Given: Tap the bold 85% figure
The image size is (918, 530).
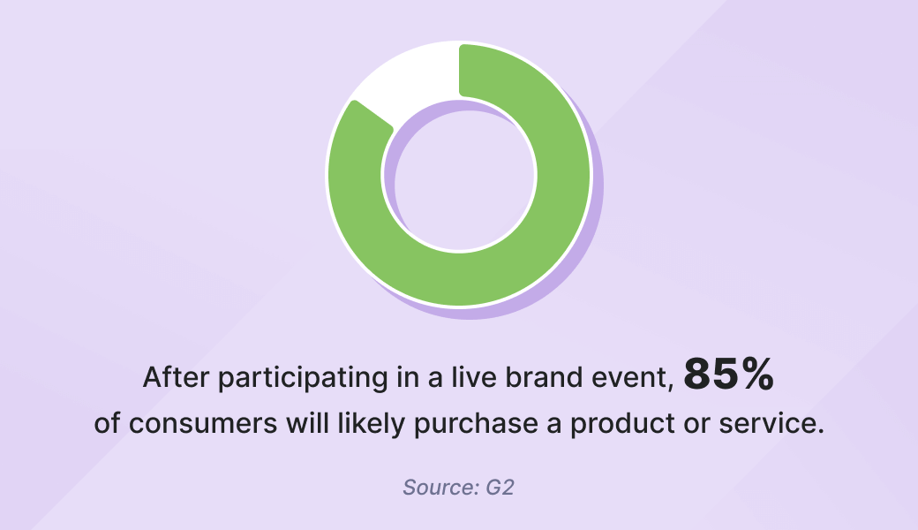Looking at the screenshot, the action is pyautogui.click(x=729, y=375).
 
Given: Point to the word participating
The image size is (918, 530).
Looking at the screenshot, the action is pyautogui.click(x=303, y=378).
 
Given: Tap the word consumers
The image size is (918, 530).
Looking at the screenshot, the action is pyautogui.click(x=202, y=423).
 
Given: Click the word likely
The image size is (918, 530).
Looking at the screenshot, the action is pyautogui.click(x=372, y=424).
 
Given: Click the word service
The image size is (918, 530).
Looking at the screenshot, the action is pyautogui.click(x=771, y=423).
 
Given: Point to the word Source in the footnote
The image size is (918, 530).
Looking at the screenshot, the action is pyautogui.click(x=433, y=488).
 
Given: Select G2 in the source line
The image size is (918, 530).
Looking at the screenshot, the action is pyautogui.click(x=500, y=488).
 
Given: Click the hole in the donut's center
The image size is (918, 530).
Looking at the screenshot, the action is pyautogui.click(x=459, y=175).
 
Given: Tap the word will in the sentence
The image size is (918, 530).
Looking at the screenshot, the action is pyautogui.click(x=307, y=423).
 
